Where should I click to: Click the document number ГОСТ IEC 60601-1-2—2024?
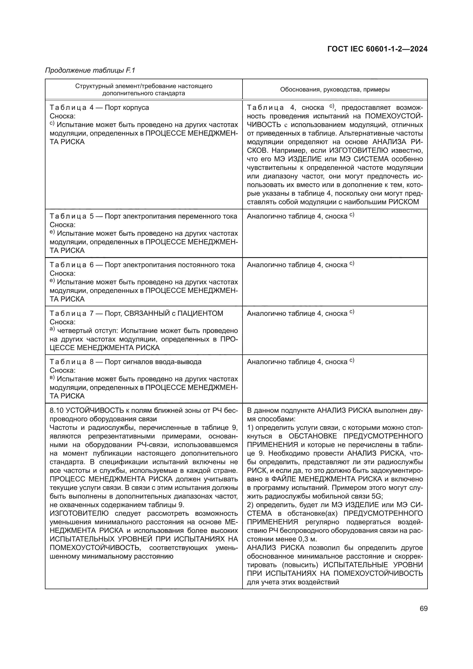[x=377, y=49]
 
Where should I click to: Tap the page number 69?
[x=424, y=608]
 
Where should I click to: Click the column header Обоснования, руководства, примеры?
[x=335, y=90]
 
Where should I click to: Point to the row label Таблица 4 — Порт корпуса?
[x=99, y=108]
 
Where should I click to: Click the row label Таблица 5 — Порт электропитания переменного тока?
[x=143, y=216]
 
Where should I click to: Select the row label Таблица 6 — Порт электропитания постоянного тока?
[x=142, y=265]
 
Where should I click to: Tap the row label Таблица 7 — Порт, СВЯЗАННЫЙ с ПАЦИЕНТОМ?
[x=136, y=313]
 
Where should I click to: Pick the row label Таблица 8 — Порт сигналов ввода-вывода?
[x=126, y=362]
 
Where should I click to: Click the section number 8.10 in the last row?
[x=57, y=410]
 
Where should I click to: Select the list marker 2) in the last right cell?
[x=251, y=505]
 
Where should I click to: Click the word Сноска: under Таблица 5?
[x=62, y=225]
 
